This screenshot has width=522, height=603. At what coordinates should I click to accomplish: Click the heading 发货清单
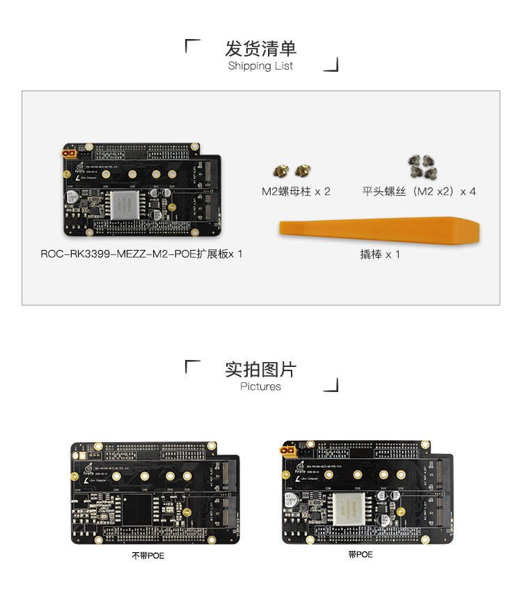pyautogui.click(x=261, y=49)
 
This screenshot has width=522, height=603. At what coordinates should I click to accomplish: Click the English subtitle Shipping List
pyautogui.click(x=261, y=66)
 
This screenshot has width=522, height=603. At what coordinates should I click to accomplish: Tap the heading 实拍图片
pyautogui.click(x=261, y=369)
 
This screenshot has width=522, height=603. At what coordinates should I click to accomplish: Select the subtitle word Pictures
pyautogui.click(x=261, y=386)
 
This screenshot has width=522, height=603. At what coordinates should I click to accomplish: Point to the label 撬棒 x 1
pyautogui.click(x=380, y=255)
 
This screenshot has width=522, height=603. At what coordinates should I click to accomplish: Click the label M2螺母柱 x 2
pyautogui.click(x=296, y=191)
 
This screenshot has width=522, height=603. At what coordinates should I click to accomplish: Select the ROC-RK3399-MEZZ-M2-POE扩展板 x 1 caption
pyautogui.click(x=142, y=254)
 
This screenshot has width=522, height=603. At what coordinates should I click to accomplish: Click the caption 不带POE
pyautogui.click(x=148, y=556)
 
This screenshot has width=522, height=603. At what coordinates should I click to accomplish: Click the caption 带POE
pyautogui.click(x=361, y=554)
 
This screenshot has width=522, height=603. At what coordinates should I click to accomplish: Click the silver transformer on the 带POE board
pyautogui.click(x=347, y=510)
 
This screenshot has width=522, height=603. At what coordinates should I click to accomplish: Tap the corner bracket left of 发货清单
pyautogui.click(x=193, y=47)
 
